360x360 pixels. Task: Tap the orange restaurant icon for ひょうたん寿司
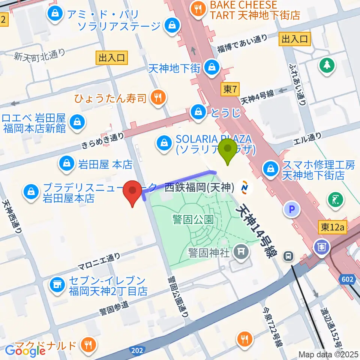pyautogui.click(x=156, y=98)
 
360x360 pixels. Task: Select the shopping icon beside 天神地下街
pyautogui.click(x=212, y=67)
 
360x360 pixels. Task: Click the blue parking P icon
pyautogui.click(x=292, y=209)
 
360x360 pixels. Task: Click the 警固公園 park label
pyautogui.click(x=193, y=219)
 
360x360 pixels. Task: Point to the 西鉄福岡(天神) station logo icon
pyautogui.click(x=245, y=186)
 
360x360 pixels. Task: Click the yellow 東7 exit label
pyautogui.click(x=230, y=89)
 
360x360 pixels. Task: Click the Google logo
pyautogui.click(x=25, y=351)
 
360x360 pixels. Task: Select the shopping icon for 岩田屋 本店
pyautogui.click(x=66, y=163)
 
